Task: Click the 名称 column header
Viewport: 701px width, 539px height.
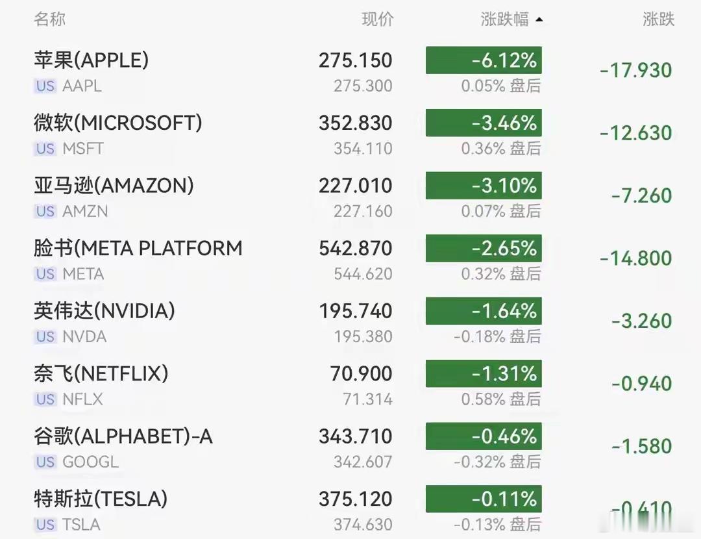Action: pos(49,19)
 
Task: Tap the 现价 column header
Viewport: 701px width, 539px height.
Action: pos(377,19)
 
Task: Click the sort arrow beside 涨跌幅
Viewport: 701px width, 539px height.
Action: pos(539,19)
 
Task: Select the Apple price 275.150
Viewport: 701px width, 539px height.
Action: pos(356,60)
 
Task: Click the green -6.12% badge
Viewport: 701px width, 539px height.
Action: pos(484,60)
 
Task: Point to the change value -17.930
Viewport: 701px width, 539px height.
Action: pos(635,70)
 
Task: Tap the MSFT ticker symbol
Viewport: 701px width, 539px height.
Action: pos(83,149)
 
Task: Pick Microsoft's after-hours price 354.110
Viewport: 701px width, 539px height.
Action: pos(363,149)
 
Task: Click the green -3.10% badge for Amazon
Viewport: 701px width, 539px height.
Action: pos(484,185)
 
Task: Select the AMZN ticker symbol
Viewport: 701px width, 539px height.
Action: pos(86,211)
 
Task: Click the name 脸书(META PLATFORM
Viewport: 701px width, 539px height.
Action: pos(138,248)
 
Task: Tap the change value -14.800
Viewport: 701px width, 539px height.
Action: pos(635,258)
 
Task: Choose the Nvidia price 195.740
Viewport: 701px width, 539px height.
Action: pos(356,311)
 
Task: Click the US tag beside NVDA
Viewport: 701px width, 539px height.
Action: pos(45,336)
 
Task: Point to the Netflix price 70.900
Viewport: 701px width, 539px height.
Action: pos(362,373)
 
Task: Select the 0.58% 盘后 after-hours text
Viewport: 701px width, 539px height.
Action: pos(501,399)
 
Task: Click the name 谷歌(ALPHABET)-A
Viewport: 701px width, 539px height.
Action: pos(123,436)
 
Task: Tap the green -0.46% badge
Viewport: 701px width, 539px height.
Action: pos(484,436)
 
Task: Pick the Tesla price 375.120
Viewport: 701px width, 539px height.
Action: pos(356,499)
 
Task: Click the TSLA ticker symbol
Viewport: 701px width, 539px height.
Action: pos(81,524)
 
